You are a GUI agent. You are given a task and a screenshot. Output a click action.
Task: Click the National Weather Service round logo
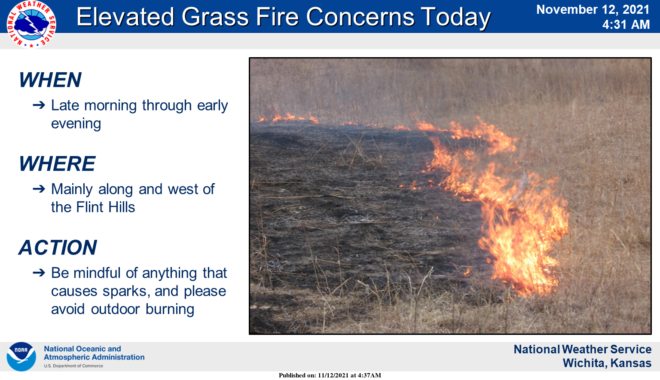[x=31, y=25]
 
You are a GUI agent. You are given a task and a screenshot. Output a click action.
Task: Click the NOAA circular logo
[x=21, y=356]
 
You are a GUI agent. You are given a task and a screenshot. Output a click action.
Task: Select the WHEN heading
[x=50, y=80]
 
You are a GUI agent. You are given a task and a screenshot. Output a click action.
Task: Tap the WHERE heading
[x=57, y=164]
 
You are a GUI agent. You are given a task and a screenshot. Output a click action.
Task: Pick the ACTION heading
[x=58, y=247]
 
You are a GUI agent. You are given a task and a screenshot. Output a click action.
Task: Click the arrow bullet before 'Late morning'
[x=39, y=105]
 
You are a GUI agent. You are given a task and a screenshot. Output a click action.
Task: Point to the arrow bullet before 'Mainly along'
[x=39, y=189]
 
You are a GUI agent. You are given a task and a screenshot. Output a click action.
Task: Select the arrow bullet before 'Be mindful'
[x=39, y=273]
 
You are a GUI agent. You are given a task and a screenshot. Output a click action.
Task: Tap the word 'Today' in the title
[x=455, y=18]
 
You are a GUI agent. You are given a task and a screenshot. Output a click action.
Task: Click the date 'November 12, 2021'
[x=593, y=10]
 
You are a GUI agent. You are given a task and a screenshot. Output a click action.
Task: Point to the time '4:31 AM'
[x=626, y=25]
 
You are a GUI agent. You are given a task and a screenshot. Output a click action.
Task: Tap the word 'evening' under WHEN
[x=76, y=124]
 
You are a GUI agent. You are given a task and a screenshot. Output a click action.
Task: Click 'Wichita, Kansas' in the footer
[x=607, y=363]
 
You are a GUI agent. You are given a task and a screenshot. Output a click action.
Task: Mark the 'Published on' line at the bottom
[x=330, y=375]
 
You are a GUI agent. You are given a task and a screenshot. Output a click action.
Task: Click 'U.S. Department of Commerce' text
[x=73, y=366]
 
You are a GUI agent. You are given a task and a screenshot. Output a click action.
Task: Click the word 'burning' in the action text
[x=170, y=310]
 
